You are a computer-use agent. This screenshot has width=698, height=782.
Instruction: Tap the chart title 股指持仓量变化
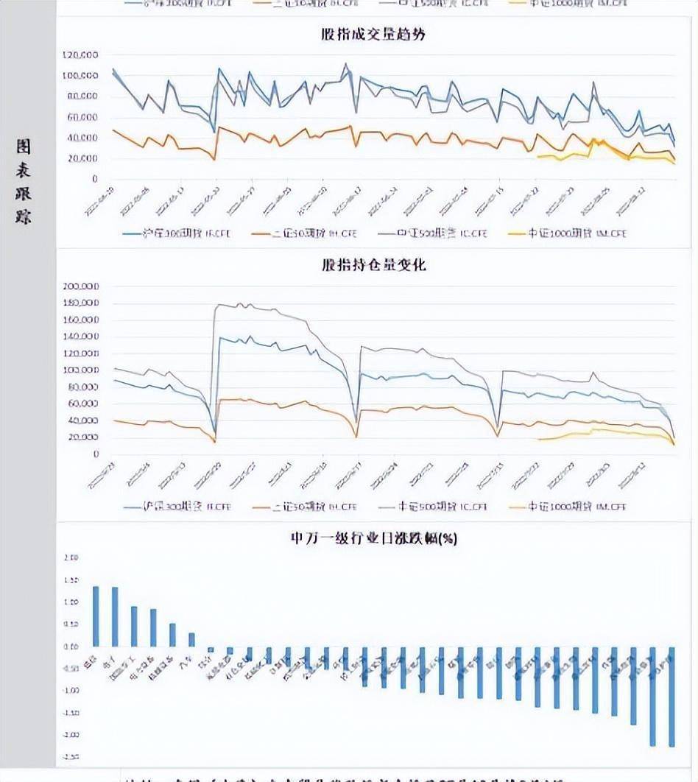(x=373, y=265)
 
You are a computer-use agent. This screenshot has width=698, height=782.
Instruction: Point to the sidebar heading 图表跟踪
(x=24, y=180)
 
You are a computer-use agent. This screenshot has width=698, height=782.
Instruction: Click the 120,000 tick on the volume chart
(x=81, y=55)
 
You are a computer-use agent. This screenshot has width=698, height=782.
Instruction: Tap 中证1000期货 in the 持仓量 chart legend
(x=567, y=507)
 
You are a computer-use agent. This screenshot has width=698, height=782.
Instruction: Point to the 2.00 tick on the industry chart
(x=71, y=557)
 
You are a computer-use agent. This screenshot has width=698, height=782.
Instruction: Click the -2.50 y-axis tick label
(x=70, y=757)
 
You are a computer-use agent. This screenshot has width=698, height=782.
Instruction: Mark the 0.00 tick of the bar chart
(x=71, y=647)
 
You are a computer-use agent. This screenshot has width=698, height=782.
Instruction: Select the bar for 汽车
(x=191, y=639)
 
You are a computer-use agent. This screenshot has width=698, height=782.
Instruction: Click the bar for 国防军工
(x=134, y=627)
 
